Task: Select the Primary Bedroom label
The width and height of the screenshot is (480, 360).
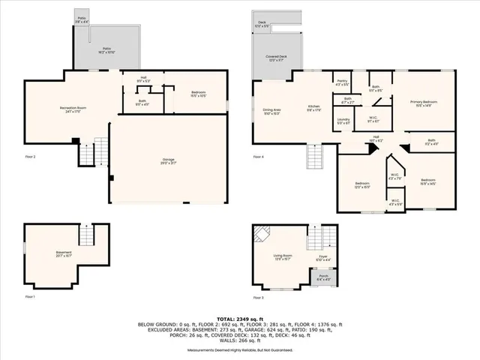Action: click(x=423, y=103)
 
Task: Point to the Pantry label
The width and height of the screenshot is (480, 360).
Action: click(x=342, y=82)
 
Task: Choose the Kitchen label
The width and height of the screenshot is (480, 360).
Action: click(x=313, y=109)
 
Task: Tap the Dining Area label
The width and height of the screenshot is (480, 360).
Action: click(x=271, y=112)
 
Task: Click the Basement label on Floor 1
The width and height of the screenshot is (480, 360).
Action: click(x=62, y=253)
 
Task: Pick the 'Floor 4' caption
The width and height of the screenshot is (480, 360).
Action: click(x=259, y=157)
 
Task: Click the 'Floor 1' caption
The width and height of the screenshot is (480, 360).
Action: click(x=30, y=298)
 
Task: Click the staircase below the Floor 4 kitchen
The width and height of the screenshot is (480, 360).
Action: click(x=314, y=157)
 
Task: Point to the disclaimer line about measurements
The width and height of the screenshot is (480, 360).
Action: click(x=239, y=349)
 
